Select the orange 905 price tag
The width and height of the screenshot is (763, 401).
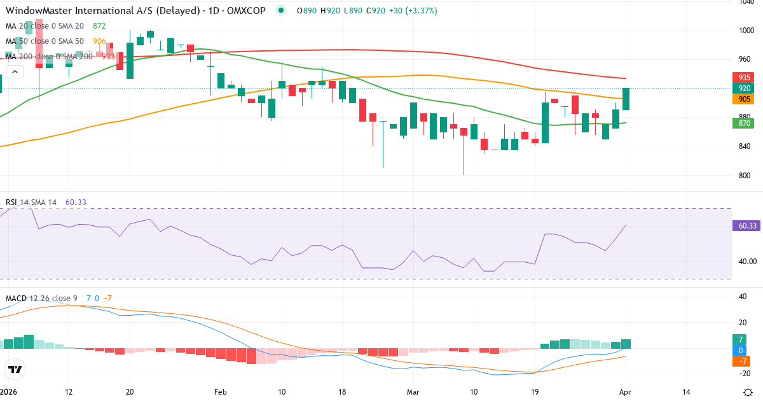click(x=744, y=99)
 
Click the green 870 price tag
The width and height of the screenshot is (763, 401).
click(x=744, y=123)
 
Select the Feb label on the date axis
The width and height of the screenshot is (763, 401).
click(x=220, y=391)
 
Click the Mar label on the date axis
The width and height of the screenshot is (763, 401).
click(x=413, y=391)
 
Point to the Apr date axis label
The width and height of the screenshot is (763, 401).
click(x=625, y=391)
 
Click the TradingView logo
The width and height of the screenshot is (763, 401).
click(x=15, y=369)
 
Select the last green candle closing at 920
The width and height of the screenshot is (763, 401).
click(x=626, y=99)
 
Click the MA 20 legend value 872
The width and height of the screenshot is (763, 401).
click(x=99, y=26)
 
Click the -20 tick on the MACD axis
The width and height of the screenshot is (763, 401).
click(x=742, y=374)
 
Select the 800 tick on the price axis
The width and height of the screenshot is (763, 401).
click(x=745, y=176)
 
